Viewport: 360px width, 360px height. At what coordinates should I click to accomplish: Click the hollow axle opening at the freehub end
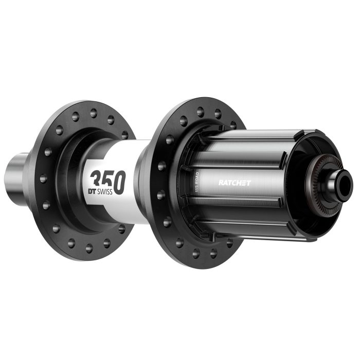(x=346, y=181)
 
